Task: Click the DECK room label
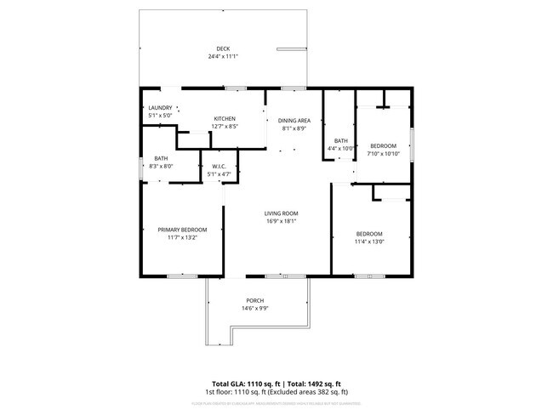tap(223, 48)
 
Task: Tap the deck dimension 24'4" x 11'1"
tap(223, 57)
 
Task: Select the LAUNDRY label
tap(160, 108)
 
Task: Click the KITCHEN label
tap(225, 118)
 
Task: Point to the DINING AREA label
tap(294, 121)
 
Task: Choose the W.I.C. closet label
tap(219, 167)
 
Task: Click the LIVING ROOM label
tap(281, 213)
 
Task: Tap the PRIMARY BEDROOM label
tap(182, 230)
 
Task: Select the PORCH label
tap(255, 301)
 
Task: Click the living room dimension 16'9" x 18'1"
tap(281, 222)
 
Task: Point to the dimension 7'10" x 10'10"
tap(382, 154)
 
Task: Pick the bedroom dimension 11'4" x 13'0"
tap(369, 242)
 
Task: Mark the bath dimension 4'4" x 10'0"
tap(340, 149)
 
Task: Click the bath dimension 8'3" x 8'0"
tap(161, 167)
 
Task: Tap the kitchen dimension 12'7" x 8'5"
tap(225, 127)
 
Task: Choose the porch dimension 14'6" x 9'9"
tap(255, 310)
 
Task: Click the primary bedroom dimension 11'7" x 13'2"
tap(182, 238)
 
